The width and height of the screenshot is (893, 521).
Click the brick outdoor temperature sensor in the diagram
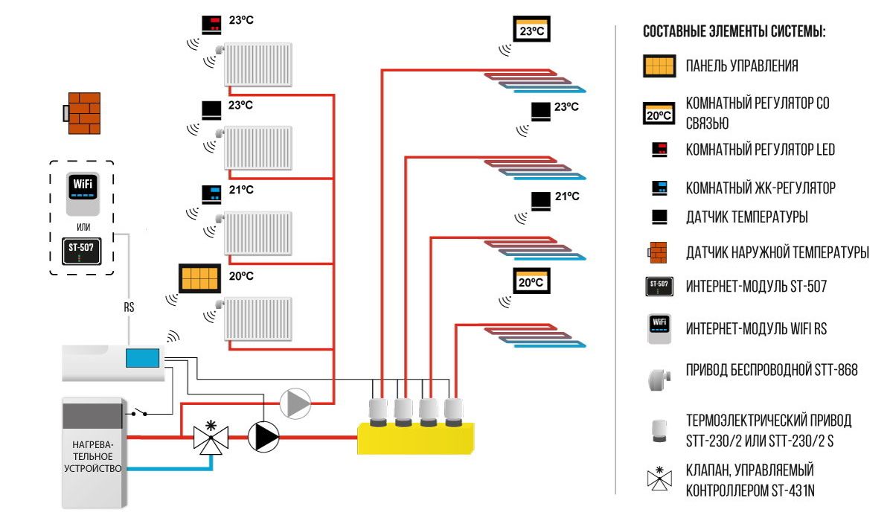pyautogui.click(x=82, y=113)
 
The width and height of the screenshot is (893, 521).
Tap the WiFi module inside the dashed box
pyautogui.click(x=83, y=194)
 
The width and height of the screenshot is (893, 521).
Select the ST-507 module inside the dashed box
pyautogui.click(x=82, y=251)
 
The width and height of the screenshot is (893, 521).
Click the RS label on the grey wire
pyautogui.click(x=129, y=307)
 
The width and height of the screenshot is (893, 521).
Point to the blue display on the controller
pyautogui.click(x=142, y=358)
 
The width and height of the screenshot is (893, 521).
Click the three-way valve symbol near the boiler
pyautogui.click(x=211, y=438)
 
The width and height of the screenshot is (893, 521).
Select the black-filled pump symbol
pyautogui.click(x=263, y=438)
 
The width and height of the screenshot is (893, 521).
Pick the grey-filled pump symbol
pyautogui.click(x=295, y=403)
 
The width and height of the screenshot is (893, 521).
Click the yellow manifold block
pyautogui.click(x=416, y=438)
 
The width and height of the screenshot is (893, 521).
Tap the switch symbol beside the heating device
pyautogui.click(x=138, y=412)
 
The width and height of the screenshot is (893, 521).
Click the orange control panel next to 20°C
pyautogui.click(x=199, y=278)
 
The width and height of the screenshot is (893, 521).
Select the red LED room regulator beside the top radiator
pyautogui.click(x=211, y=25)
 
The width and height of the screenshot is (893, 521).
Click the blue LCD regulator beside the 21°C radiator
pyautogui.click(x=211, y=194)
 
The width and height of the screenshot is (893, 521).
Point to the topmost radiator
pyautogui.click(x=258, y=65)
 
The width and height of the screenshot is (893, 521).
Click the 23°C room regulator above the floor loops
pyautogui.click(x=531, y=29)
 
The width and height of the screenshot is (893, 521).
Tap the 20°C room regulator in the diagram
pyautogui.click(x=531, y=281)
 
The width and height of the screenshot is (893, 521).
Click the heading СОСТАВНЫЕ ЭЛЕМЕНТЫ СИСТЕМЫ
pyautogui.click(x=734, y=31)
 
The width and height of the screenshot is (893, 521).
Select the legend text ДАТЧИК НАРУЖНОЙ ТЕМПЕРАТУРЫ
pyautogui.click(x=778, y=252)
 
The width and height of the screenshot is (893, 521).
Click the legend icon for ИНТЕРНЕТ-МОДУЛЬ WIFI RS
pyautogui.click(x=659, y=329)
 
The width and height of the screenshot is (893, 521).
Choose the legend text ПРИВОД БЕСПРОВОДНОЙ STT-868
pyautogui.click(x=772, y=370)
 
